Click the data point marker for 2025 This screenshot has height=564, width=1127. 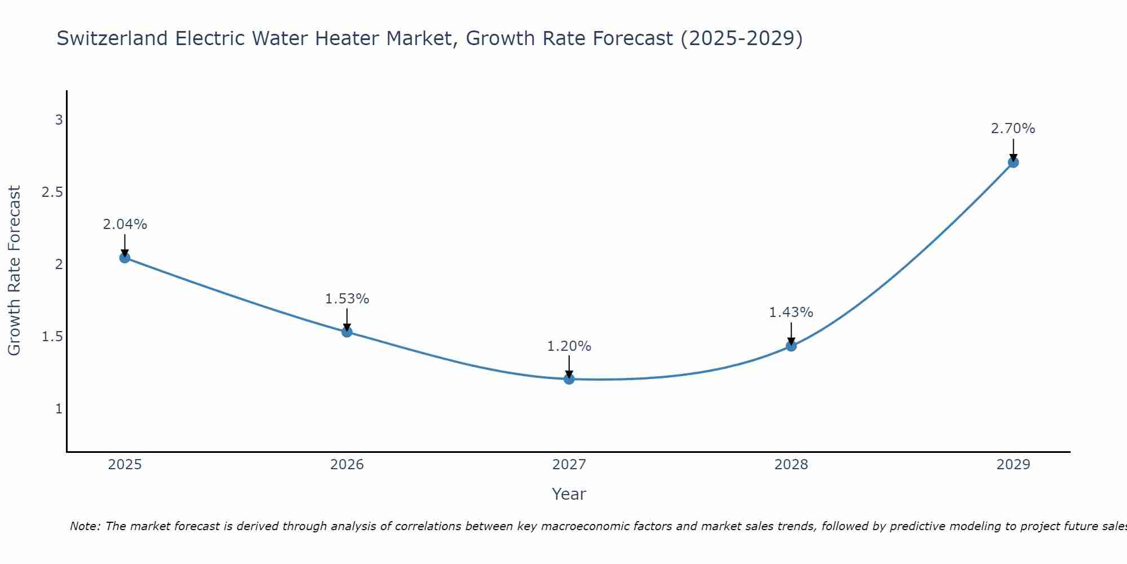(125, 258)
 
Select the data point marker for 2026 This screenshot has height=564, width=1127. (347, 332)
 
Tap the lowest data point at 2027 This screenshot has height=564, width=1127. (569, 379)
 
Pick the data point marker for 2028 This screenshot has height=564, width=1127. (791, 346)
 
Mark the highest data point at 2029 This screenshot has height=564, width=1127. (1013, 162)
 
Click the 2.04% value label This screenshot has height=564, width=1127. (125, 224)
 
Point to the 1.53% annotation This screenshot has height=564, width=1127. (347, 299)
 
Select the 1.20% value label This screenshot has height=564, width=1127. (569, 346)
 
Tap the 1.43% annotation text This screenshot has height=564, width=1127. (791, 312)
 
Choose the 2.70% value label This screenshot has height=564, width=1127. (1013, 129)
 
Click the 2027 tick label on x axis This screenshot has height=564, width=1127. (569, 465)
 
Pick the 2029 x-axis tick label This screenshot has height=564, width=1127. (1013, 465)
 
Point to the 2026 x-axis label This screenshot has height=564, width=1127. (347, 465)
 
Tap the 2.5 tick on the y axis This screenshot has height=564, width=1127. (52, 192)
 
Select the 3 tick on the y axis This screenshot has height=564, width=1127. (59, 120)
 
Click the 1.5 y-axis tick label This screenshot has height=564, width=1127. (52, 337)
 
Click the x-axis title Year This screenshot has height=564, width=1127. (569, 494)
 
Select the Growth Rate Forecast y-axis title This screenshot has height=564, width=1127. (15, 271)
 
